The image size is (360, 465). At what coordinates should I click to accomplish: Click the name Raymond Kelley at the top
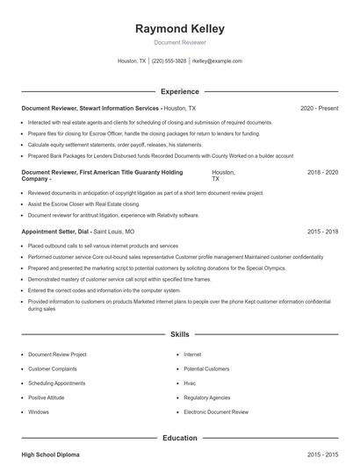click(x=179, y=29)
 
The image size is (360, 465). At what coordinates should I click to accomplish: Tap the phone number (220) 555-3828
click(x=169, y=61)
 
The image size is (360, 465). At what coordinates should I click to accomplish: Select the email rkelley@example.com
click(x=217, y=61)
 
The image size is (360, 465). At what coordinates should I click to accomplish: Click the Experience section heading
click(x=179, y=91)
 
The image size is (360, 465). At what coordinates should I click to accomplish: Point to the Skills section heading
click(x=179, y=335)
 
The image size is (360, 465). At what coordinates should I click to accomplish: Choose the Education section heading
click(x=179, y=437)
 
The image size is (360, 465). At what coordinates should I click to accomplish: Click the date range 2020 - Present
click(x=319, y=109)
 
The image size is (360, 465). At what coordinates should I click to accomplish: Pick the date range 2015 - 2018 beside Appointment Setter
click(x=322, y=232)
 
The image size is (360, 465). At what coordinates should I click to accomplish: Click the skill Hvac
click(x=191, y=383)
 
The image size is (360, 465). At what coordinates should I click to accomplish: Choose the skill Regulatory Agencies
click(x=208, y=397)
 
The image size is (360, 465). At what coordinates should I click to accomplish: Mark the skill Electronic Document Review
click(x=216, y=411)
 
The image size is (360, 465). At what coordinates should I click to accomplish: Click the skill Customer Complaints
click(x=54, y=369)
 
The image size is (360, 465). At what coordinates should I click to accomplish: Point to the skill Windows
click(x=39, y=411)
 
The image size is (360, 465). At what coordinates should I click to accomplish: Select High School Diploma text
click(x=50, y=455)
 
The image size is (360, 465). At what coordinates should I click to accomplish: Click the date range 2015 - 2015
click(x=322, y=455)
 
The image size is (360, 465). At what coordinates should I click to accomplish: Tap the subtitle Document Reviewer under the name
click(x=179, y=42)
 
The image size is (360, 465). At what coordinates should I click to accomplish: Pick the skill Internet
click(x=192, y=354)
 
